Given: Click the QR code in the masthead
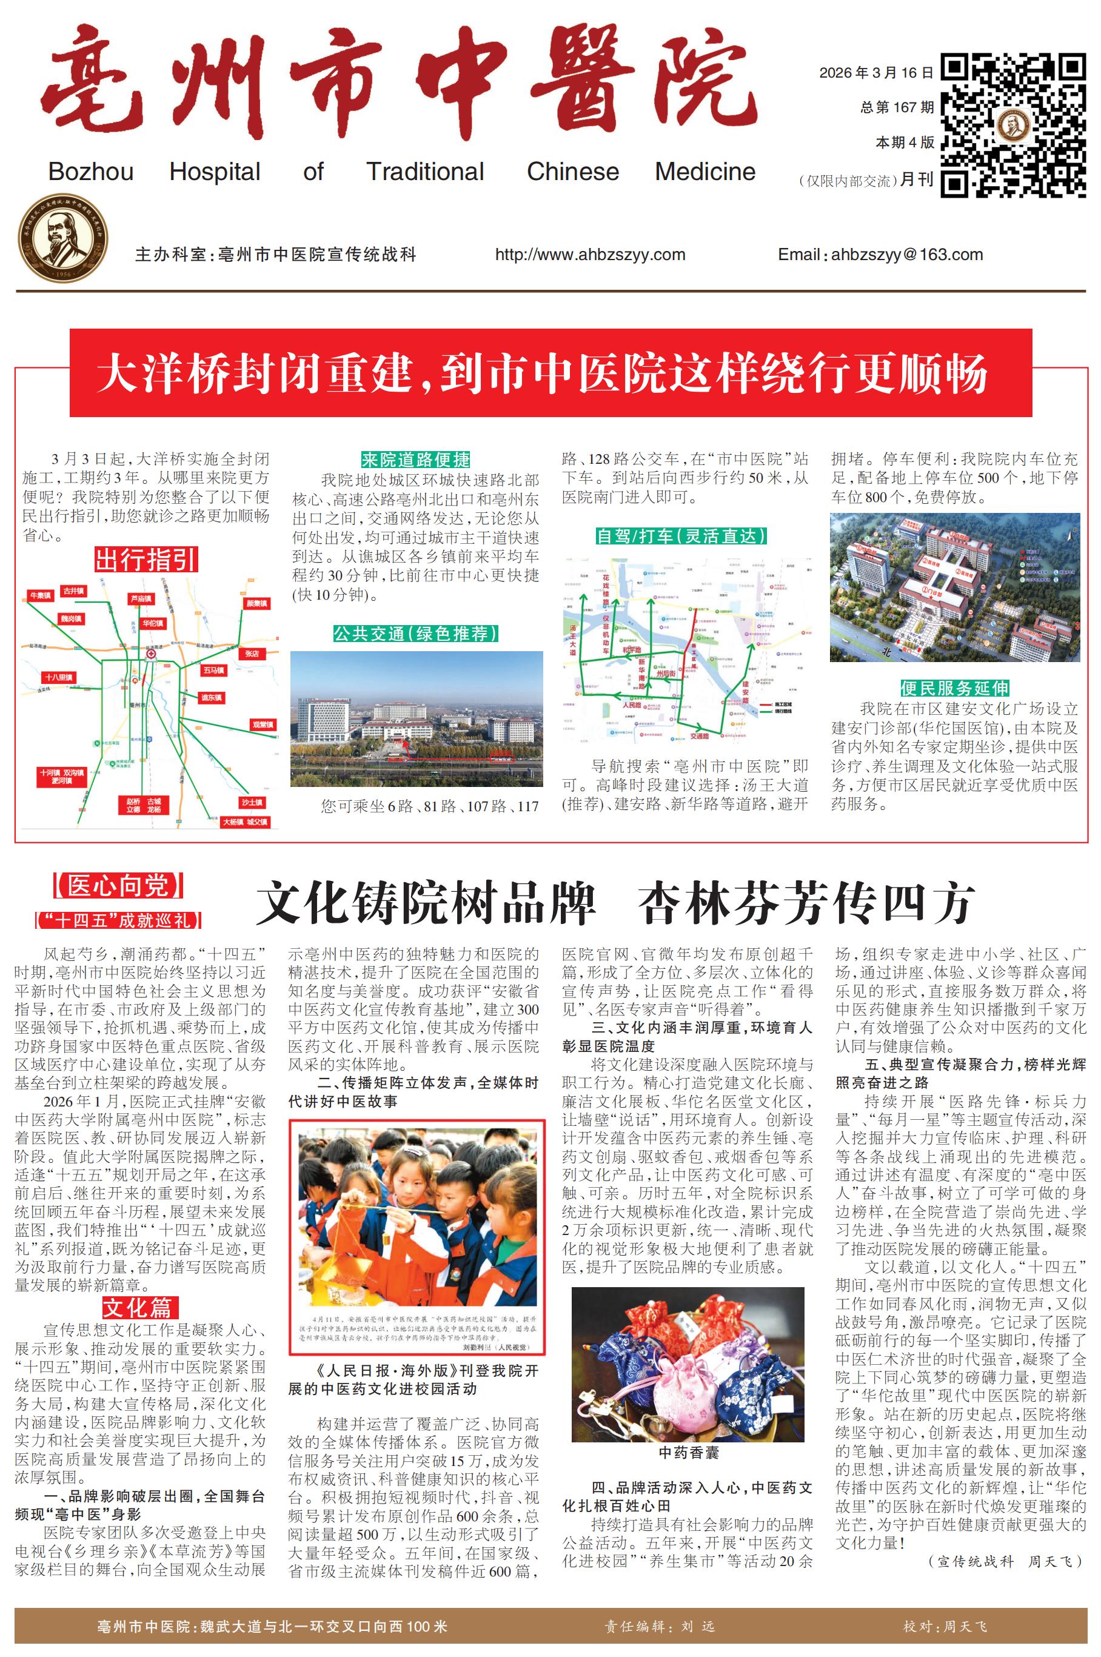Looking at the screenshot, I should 1013,125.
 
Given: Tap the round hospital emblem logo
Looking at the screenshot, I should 63,239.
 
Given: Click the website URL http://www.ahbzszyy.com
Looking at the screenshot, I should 590,255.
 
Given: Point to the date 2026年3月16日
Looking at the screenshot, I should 876,72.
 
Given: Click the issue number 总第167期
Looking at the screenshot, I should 897,107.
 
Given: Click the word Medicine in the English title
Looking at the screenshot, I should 705,172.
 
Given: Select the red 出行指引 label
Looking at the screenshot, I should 146,560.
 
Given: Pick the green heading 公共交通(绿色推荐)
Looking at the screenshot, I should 416,634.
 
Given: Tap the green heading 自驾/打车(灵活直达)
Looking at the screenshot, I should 680,537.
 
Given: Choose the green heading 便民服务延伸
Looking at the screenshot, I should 954,688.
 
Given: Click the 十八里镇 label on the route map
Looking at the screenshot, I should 59,678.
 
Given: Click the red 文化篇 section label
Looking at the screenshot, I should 137,1307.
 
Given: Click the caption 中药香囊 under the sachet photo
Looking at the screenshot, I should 688,1453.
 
